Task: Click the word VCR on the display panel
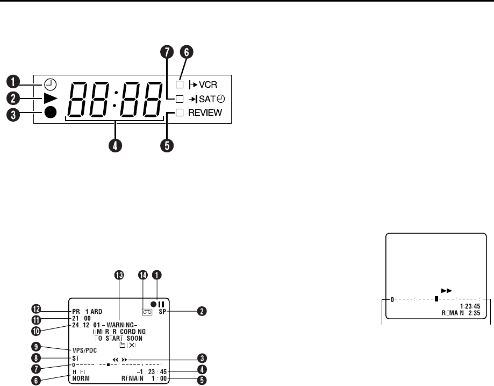pos(210,85)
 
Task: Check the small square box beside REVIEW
pos(180,113)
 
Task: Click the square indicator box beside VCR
pos(180,85)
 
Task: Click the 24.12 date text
pos(78,325)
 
